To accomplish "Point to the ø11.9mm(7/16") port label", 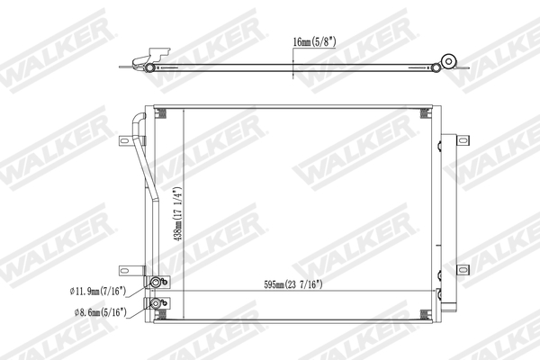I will [99, 291].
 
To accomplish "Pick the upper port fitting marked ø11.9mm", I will [160, 283].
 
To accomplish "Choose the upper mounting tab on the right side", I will [462, 139].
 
